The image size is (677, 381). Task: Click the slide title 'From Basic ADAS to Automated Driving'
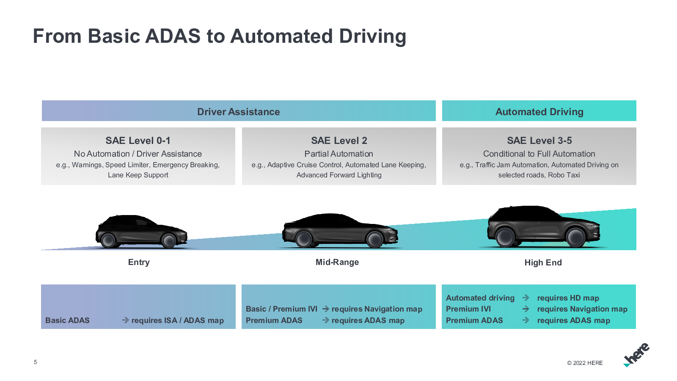219,36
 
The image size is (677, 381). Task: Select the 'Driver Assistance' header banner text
238,112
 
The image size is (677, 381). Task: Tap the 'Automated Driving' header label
539,112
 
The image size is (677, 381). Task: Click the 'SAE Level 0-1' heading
138,141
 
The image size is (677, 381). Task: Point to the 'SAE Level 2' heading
339,141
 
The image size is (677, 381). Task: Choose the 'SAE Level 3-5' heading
539,141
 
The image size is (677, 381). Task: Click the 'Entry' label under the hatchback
139,262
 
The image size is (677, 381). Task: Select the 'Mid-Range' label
337,262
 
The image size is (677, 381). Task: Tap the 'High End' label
543,263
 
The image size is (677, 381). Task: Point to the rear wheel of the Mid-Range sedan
304,239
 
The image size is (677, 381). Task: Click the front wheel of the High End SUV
576,237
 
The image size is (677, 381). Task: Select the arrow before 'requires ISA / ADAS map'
125,320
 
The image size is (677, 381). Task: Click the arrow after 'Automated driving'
526,298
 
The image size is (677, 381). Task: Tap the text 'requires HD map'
568,298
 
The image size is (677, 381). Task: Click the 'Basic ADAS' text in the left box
67,320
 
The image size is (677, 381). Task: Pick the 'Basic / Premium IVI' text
281,309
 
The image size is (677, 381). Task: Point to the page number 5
36,362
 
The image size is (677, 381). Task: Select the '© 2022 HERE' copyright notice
585,363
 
